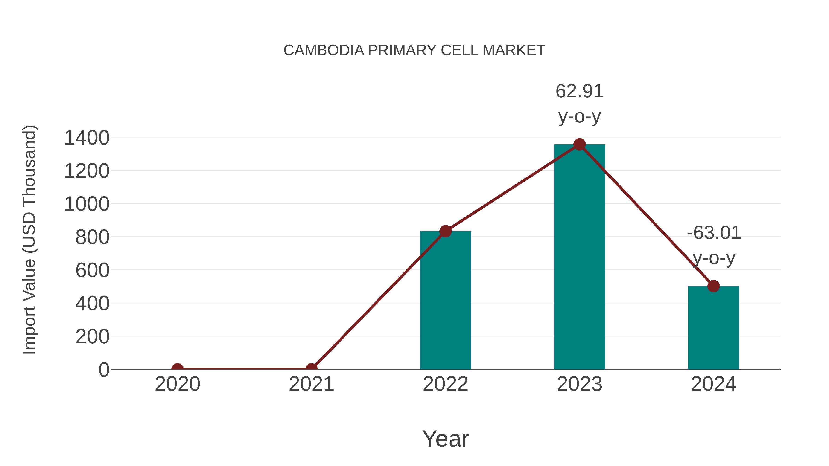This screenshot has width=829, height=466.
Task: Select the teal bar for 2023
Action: click(579, 257)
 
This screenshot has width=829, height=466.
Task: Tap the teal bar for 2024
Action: click(713, 328)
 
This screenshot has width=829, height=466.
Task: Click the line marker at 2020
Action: click(177, 369)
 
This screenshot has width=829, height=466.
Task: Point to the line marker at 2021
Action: click(311, 369)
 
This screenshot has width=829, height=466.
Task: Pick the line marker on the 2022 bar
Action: click(445, 231)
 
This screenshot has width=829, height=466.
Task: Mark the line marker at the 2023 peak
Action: click(579, 144)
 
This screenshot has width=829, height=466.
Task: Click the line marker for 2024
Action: click(713, 286)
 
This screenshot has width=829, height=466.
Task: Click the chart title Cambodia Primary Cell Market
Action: click(414, 50)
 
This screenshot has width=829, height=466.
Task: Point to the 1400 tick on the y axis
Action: click(87, 138)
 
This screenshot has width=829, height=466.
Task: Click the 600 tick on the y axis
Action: click(92, 270)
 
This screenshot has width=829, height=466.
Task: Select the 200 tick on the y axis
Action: click(92, 337)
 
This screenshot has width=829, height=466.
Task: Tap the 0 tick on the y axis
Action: click(104, 370)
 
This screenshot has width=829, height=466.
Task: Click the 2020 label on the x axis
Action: click(177, 384)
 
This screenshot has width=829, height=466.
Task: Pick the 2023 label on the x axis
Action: click(579, 384)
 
